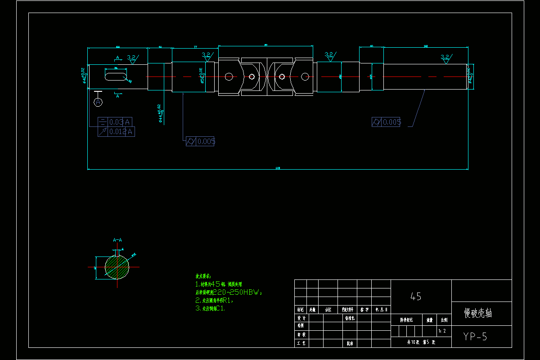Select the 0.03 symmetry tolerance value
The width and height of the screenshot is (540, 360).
[x=116, y=122]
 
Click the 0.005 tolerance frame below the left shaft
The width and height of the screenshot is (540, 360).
[x=200, y=141]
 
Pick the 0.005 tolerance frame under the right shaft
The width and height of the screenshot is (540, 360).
[x=386, y=122]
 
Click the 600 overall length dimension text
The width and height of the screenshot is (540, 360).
[x=278, y=168]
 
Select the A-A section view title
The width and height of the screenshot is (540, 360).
[x=117, y=240]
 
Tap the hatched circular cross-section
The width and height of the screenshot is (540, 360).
[x=117, y=267]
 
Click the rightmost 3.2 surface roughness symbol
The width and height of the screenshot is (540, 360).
[x=445, y=58]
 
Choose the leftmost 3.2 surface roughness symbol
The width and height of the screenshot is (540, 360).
[x=132, y=58]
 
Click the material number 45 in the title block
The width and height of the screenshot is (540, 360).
[x=416, y=297]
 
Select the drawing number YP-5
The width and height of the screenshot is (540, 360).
[x=475, y=337]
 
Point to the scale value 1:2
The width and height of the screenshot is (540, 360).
[x=442, y=331]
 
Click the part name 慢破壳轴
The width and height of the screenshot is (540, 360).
[x=478, y=313]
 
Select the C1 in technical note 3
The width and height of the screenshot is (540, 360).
[x=220, y=308]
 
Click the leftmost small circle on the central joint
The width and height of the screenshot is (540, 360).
[x=229, y=76]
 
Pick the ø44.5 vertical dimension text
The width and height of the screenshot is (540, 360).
[x=159, y=113]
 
